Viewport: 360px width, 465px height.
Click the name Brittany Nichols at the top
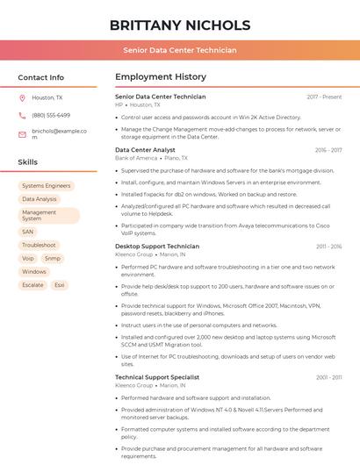coord(180,25)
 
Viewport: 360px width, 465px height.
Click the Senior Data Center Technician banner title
coord(180,50)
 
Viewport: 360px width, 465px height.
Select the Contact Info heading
coord(41,77)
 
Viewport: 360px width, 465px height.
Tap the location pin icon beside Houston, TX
coord(22,98)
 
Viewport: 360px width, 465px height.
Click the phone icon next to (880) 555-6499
coord(22,115)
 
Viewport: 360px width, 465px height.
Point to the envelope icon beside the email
coord(22,134)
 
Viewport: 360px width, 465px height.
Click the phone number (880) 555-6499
coord(51,115)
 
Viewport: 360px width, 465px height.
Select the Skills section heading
coord(28,162)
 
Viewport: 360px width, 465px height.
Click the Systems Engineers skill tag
coord(46,186)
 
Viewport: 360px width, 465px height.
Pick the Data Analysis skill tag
coord(40,199)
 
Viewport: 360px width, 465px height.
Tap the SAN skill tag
coord(28,232)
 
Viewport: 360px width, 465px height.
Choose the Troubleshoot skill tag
coord(40,245)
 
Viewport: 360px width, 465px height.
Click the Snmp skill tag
coord(53,259)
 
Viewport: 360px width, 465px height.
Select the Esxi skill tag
coord(60,285)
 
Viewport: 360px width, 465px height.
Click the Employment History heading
coord(161,77)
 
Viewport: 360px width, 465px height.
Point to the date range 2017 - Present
coord(324,97)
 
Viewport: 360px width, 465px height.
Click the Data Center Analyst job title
coord(145,150)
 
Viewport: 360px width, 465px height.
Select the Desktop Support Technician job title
coord(157,247)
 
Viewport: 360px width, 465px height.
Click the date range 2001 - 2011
coord(328,377)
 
